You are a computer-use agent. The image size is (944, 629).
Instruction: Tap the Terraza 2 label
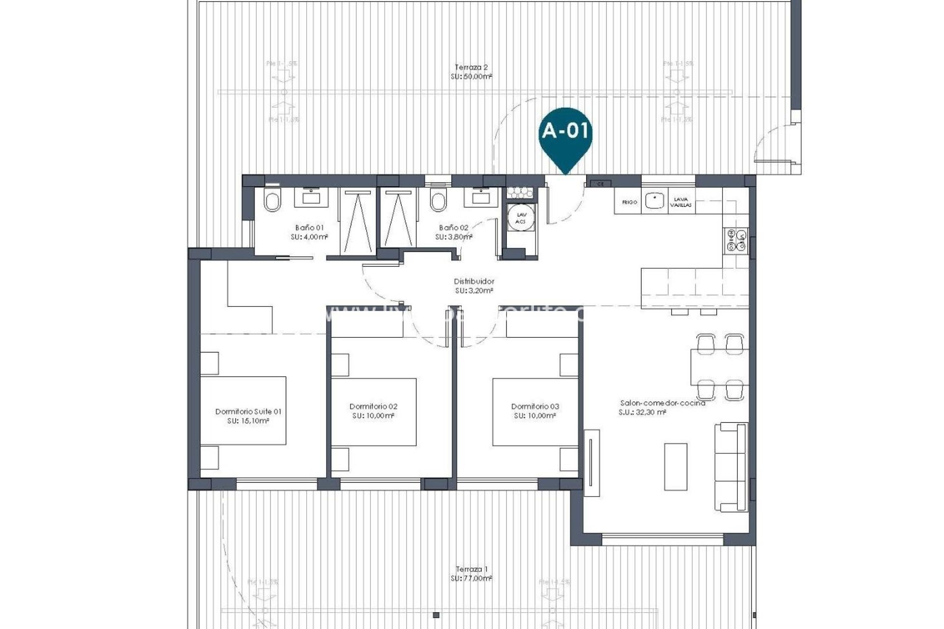point(471,67)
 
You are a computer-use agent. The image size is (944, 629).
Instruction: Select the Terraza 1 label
point(471,569)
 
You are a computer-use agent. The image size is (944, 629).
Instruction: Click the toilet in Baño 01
point(272,200)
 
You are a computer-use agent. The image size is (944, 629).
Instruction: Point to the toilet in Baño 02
point(437,200)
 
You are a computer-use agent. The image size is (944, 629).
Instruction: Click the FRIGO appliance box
point(629,202)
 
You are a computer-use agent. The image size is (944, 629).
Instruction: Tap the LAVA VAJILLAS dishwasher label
point(681,202)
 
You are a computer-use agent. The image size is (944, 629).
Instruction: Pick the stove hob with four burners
point(736,240)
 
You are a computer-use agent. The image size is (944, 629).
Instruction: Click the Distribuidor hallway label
point(473,282)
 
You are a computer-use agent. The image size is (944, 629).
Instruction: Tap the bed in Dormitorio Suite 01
point(243,411)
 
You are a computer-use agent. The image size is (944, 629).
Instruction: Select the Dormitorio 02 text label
point(373,406)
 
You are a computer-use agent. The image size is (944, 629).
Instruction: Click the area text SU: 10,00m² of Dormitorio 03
point(534,416)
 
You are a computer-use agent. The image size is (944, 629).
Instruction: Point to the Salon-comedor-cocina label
point(663,403)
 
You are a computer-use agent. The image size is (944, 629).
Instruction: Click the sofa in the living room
point(731,467)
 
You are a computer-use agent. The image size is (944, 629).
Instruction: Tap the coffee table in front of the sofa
point(676,467)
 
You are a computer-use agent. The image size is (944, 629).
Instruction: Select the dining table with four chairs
point(720,367)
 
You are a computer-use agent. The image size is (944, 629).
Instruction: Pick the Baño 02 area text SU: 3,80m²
point(453,237)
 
